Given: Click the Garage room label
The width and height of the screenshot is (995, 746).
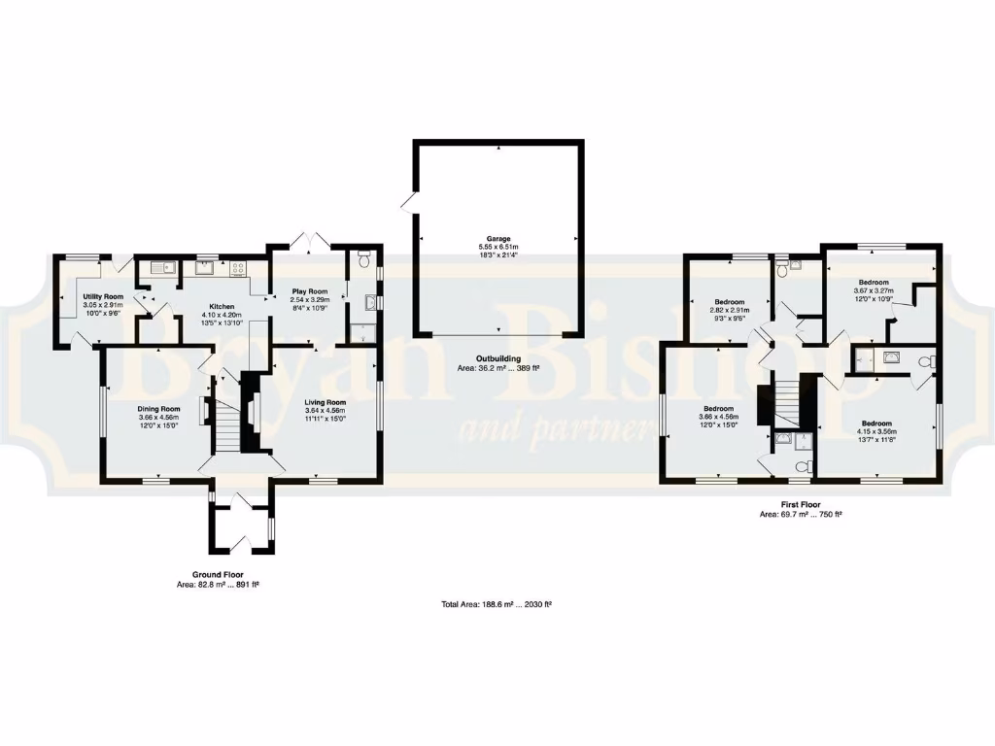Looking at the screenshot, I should (x=498, y=238).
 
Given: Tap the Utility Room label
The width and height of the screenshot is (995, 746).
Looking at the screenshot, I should (x=102, y=295).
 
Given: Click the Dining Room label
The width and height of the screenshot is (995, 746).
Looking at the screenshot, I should (x=157, y=409).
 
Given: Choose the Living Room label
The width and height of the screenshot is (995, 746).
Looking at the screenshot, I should (x=325, y=402).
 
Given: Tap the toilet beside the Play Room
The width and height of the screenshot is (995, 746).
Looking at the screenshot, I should (x=363, y=259).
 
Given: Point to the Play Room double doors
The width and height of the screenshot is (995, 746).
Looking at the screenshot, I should (x=308, y=239).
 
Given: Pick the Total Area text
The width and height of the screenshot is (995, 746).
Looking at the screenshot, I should (x=497, y=604).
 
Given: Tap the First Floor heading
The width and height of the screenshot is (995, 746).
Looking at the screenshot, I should (x=801, y=505).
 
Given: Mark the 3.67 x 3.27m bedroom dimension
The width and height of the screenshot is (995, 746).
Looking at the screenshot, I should (x=874, y=289).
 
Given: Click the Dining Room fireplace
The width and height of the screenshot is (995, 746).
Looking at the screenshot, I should (x=204, y=411).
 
